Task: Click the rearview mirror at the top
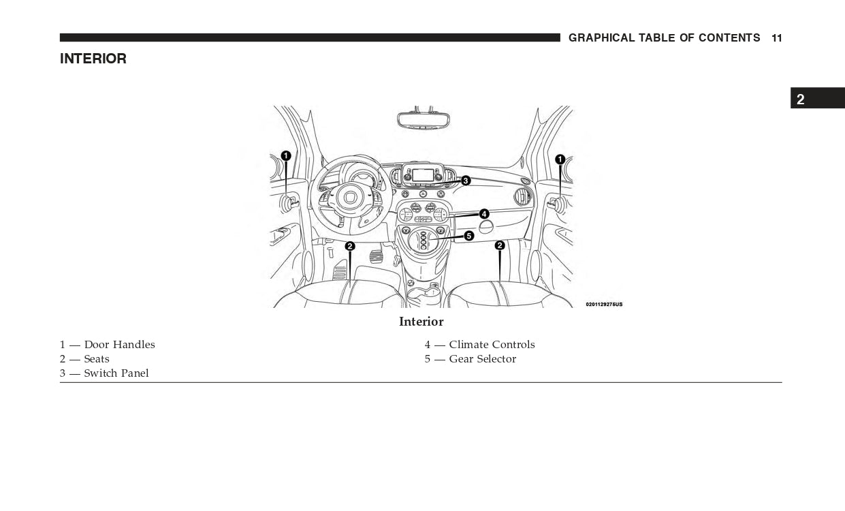[x=423, y=119]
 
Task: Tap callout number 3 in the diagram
[x=466, y=181]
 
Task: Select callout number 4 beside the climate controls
[x=484, y=214]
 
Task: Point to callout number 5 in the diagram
[x=468, y=236]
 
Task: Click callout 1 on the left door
[x=286, y=156]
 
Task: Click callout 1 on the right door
[x=560, y=159]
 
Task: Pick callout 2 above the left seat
[x=350, y=246]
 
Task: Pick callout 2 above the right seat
[x=500, y=245]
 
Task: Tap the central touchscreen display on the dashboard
[x=423, y=175]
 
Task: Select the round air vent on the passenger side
[x=523, y=198]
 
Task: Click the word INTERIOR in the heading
[x=93, y=59]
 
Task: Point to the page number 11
[x=777, y=38]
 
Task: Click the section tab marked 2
[x=801, y=99]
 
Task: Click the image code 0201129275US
[x=604, y=305]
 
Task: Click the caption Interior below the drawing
[x=421, y=322]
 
